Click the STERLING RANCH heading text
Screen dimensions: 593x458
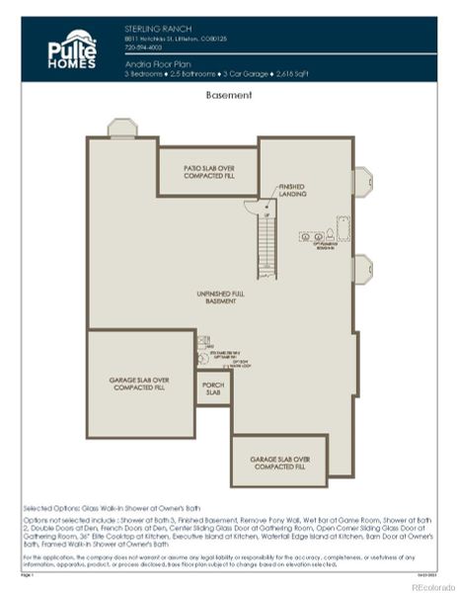tap(152, 29)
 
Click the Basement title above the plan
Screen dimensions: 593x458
tap(229, 95)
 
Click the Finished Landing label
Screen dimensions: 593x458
tap(292, 190)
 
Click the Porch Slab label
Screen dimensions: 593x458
tap(213, 388)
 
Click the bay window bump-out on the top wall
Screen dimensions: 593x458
tap(122, 128)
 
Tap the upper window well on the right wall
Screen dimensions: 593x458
tap(362, 182)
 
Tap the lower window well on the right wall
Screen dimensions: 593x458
tap(362, 268)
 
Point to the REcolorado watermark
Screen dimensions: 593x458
tap(427, 585)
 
